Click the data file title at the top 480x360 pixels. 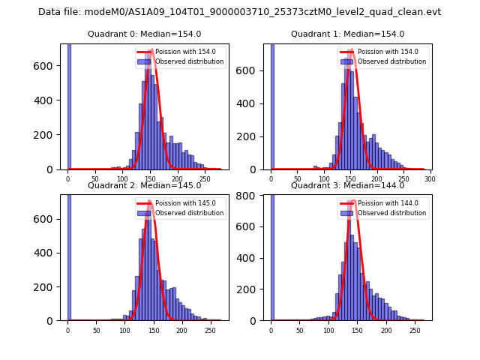[x=239, y=12]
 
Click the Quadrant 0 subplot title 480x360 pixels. [x=144, y=34]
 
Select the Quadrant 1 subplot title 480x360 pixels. [x=347, y=34]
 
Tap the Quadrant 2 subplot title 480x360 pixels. [x=144, y=185]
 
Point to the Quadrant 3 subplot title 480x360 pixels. [x=347, y=185]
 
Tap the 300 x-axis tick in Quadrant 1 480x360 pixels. [x=430, y=180]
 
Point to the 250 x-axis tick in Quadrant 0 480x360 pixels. [x=205, y=180]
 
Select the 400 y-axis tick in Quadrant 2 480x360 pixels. [x=50, y=253]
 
